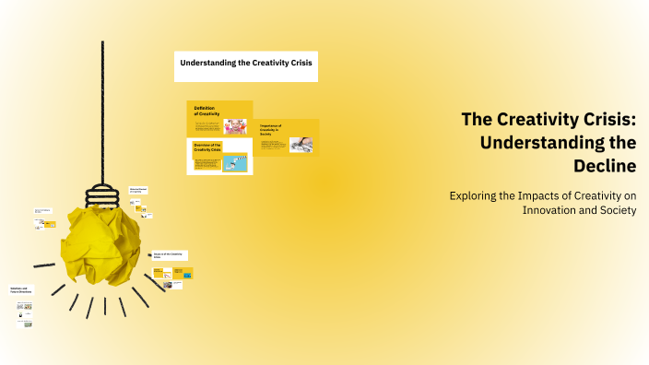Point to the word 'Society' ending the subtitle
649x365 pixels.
[x=617, y=211]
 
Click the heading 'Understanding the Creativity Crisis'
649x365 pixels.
[x=246, y=65]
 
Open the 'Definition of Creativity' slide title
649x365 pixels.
[x=205, y=111]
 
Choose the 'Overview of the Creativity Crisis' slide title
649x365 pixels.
[x=208, y=148]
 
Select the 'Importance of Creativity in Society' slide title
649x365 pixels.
[x=273, y=130]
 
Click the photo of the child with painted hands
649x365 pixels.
[x=235, y=125]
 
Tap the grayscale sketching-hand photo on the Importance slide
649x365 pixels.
[x=301, y=144]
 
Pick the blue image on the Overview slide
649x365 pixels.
[x=235, y=163]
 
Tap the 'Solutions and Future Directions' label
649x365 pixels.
[x=21, y=290]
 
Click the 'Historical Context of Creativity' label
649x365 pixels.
[x=138, y=191]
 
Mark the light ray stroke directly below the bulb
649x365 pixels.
[x=105, y=305]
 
